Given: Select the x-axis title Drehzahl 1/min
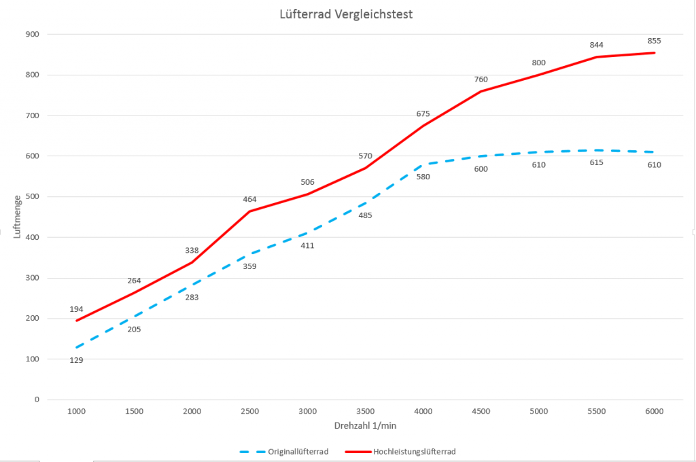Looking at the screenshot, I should coord(365,425).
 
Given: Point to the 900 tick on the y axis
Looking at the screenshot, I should coord(32,34).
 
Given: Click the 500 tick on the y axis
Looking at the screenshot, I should coord(32,196).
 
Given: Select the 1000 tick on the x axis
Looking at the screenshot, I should coord(76,412).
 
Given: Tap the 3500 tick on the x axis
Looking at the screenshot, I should coord(365,412).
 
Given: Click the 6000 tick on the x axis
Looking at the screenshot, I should coord(654,412).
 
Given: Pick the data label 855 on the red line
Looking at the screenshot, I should coord(654,41).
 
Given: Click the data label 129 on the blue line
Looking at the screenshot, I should coord(76,360).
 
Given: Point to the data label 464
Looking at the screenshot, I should coord(249,200).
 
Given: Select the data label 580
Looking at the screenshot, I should coord(423,177).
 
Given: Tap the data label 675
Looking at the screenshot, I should coord(423,113).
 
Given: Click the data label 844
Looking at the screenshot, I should coord(596,45).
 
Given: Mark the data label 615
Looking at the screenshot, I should coord(596,162).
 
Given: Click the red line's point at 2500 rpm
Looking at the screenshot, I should coord(249,211).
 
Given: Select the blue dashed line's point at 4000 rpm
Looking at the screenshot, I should coord(423,164).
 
